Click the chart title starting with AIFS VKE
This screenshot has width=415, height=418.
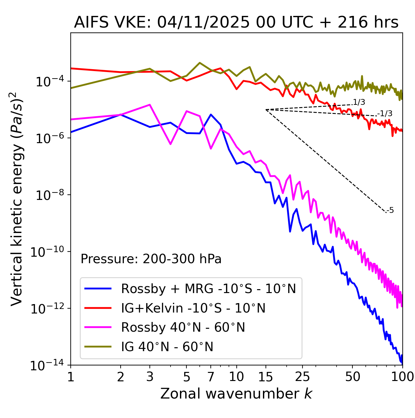coord(236,23)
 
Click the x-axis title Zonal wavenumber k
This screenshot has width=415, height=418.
coord(236,394)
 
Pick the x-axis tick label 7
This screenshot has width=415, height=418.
coord(211,377)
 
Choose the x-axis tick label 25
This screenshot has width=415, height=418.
coord(302,377)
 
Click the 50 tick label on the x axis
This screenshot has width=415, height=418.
coord(352,377)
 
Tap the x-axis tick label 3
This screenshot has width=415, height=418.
coord(149,377)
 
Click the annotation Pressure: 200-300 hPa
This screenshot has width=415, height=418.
coord(151,259)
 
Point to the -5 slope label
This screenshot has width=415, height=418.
coord(390,210)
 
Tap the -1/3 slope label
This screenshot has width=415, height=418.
coord(385,114)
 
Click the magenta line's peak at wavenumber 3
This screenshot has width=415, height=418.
coord(149,104)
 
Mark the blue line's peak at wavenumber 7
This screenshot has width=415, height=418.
coord(211,114)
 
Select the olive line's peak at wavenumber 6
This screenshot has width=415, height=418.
coord(200,63)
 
